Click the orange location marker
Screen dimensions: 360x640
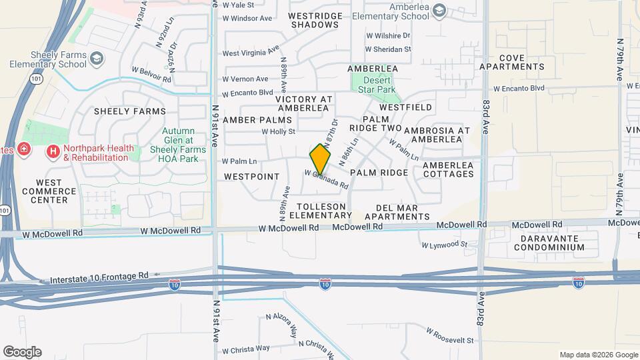click(x=320, y=159)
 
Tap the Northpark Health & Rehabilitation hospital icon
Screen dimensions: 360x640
click(x=53, y=152)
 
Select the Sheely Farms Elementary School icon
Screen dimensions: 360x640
click(x=97, y=60)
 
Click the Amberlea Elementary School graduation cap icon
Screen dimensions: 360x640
click(x=438, y=9)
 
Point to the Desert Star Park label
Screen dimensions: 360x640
click(x=374, y=85)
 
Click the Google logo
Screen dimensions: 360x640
click(x=22, y=351)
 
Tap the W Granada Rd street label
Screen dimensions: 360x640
click(x=327, y=179)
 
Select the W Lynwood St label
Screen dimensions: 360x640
click(x=445, y=245)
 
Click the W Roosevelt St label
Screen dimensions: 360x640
click(x=451, y=339)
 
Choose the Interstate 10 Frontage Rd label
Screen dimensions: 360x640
click(x=95, y=276)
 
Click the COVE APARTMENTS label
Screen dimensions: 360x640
click(x=512, y=62)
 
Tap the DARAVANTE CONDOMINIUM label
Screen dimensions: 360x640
click(x=549, y=242)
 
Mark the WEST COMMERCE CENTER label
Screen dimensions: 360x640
click(x=49, y=191)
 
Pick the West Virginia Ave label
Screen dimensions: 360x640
click(x=250, y=53)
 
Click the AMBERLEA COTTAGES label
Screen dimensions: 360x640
click(x=447, y=169)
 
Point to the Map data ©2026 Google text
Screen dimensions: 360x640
click(x=598, y=355)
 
